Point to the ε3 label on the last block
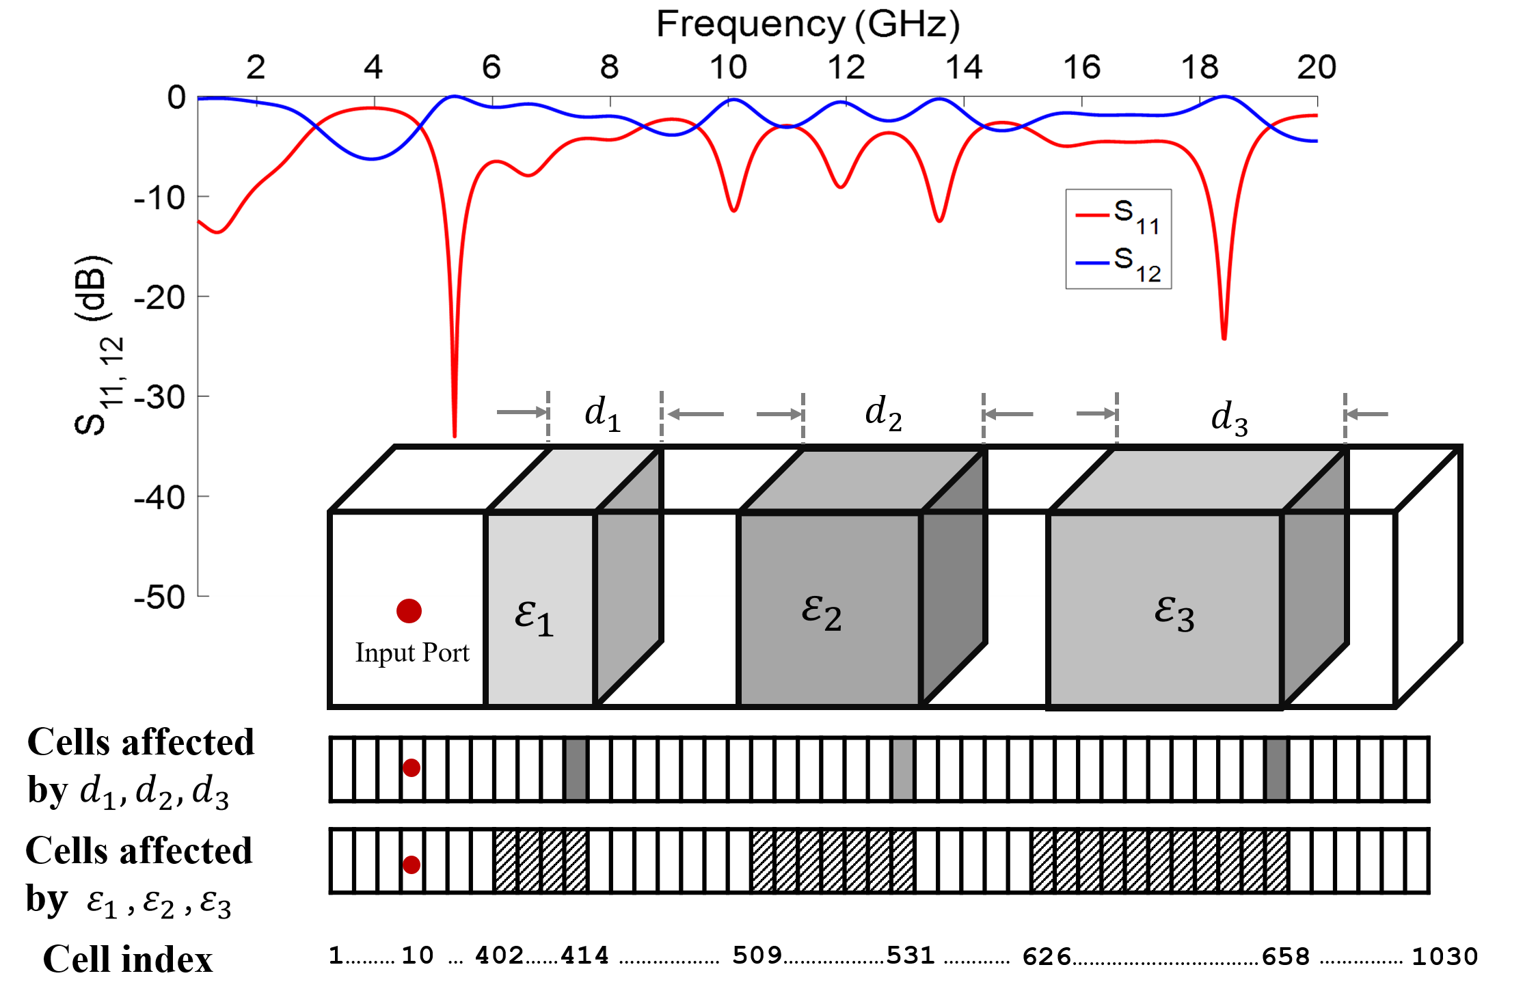1174,613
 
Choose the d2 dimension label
883,413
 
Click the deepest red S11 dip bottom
455,433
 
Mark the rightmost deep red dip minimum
1224,336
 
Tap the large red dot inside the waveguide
409,611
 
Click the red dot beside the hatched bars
412,865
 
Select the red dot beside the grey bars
412,768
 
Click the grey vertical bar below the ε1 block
576,769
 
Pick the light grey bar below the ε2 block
902,769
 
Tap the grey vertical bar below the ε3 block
1276,769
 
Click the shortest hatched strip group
541,860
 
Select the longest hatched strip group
1159,860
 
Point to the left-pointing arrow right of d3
1366,414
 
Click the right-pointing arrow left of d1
522,412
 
